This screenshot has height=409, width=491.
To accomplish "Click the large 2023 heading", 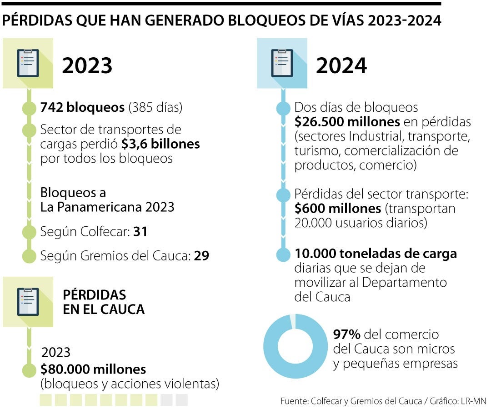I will tap(87, 65).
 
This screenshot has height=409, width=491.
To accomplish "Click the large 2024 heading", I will tap(341, 65).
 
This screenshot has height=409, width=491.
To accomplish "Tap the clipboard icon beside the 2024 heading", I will tap(282, 63).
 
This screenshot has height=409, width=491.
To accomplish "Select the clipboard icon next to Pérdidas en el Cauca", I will tap(28, 302).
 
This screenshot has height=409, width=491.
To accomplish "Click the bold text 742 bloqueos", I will tap(82, 108).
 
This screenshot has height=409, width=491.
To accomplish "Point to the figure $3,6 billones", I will tap(160, 144).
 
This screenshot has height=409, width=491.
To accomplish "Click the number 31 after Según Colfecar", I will tap(140, 232).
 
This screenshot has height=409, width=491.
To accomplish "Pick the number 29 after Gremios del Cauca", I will tap(201, 256).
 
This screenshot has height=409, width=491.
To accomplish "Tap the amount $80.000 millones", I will tap(93, 369).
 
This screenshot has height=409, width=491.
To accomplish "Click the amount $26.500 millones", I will tap(347, 122).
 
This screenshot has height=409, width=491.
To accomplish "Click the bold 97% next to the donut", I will tap(346, 334).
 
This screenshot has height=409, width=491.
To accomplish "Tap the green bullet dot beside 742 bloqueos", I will tap(29, 108).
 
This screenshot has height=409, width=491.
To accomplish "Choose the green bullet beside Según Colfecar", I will tap(29, 232).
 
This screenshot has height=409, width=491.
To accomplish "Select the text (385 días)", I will tap(155, 108).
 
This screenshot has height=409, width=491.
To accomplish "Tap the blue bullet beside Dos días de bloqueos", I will tap(283, 108).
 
